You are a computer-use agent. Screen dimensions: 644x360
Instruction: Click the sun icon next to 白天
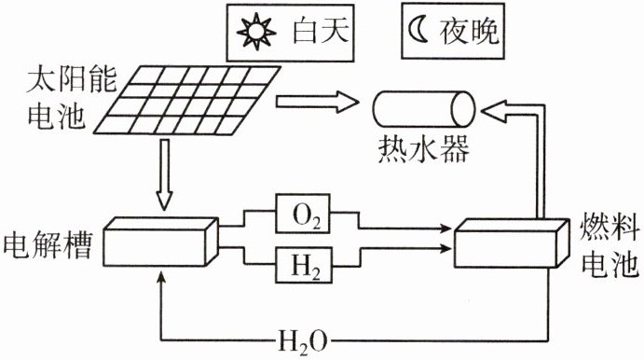(256, 31)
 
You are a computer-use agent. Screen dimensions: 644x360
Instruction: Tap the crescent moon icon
(417, 31)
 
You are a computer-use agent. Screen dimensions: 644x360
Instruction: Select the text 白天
(321, 31)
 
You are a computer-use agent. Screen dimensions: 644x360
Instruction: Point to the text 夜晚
(470, 31)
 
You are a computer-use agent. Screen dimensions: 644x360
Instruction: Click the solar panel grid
(187, 100)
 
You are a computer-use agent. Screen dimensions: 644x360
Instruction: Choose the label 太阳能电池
(70, 99)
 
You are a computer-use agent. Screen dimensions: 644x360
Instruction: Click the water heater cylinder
(424, 109)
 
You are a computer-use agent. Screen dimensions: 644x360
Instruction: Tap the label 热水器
(423, 148)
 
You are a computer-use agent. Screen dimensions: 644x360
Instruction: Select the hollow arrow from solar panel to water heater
(317, 102)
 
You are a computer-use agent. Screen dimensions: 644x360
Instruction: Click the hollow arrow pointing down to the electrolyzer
(165, 175)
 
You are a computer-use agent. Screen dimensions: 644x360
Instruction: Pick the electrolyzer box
(160, 242)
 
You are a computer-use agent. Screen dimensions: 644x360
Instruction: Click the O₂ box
(304, 214)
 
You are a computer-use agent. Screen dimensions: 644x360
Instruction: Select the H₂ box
(304, 265)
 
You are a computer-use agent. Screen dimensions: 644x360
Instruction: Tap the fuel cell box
(512, 243)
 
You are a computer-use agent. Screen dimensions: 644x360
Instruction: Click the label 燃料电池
(610, 246)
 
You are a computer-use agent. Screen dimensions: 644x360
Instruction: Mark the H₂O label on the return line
(303, 340)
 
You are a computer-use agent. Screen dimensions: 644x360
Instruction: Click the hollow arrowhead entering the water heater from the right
(493, 111)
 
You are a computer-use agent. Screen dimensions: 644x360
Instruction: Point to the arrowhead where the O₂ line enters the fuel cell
(446, 228)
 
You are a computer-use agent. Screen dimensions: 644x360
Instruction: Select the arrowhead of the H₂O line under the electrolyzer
(162, 276)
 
